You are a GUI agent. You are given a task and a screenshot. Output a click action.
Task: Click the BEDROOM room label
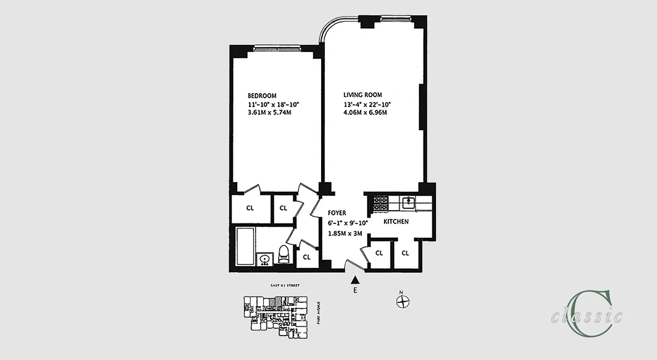coord(262,96)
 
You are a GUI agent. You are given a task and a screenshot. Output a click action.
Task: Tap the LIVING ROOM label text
coord(362,95)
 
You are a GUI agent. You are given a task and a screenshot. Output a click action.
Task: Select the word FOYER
coord(336,213)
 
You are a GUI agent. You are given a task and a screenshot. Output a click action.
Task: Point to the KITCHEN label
coord(396,221)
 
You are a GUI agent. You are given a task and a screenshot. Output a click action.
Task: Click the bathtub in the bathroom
coord(244,247)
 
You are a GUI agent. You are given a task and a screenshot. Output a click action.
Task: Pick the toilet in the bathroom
coord(284,254)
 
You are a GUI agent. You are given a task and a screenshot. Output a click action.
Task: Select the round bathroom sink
coord(264,259)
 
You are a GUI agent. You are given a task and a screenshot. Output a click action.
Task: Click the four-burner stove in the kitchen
coord(381,203)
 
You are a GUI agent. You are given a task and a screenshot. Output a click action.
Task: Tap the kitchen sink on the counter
coord(408,202)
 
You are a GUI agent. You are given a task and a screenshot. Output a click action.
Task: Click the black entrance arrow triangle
coord(355,280)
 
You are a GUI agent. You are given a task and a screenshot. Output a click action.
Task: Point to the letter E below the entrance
coord(355,291)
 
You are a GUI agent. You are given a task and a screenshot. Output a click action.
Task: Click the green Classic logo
coord(588,314)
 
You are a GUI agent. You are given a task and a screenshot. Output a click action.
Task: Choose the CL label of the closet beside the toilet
coord(307,257)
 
